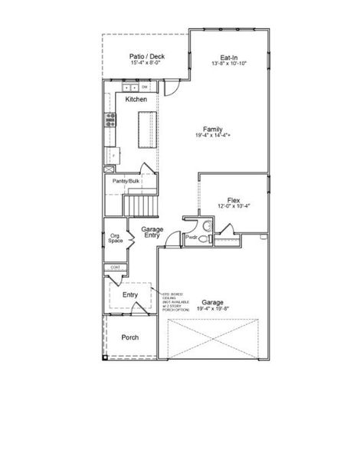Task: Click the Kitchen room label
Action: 136,100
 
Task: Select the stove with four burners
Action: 111,119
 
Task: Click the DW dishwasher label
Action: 144,87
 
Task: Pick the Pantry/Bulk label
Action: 126,181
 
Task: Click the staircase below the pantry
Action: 141,205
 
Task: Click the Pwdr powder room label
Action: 191,238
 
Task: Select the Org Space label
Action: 116,238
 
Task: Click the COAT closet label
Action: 116,267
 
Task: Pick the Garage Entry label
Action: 151,232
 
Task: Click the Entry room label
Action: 130,294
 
